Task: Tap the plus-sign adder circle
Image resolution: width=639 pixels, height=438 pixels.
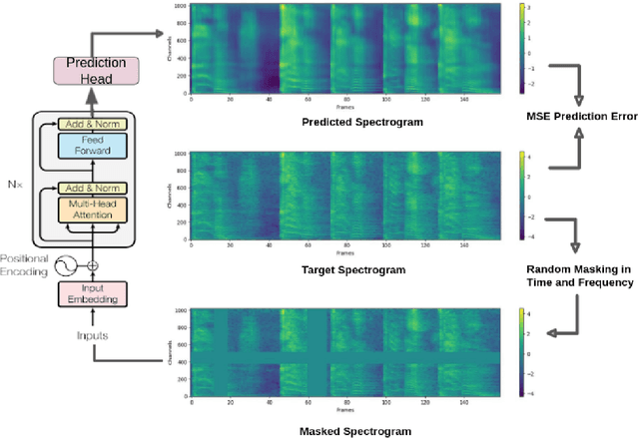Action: coord(93,265)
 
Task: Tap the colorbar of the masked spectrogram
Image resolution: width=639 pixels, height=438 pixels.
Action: coord(521,355)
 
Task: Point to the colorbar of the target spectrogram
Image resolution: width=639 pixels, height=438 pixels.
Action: coord(521,199)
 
